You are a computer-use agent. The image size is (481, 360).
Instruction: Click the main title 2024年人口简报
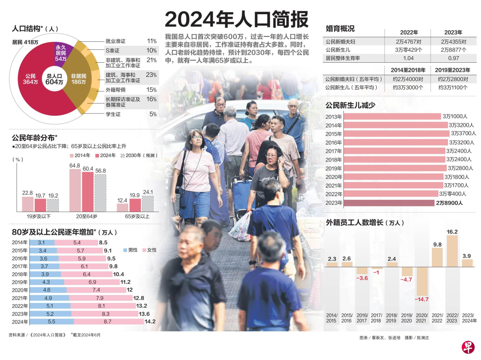[x=236, y=20]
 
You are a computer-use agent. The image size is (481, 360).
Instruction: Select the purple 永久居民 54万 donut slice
[x=61, y=53]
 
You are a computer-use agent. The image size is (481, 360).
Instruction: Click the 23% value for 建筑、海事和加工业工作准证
[x=151, y=74]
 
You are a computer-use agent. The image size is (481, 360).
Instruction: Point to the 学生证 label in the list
[x=113, y=114]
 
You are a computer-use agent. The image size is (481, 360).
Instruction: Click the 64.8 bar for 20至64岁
[x=75, y=190]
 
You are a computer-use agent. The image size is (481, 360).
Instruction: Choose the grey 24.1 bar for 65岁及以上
[x=147, y=203]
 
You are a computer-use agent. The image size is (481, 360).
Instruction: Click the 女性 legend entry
[x=149, y=250]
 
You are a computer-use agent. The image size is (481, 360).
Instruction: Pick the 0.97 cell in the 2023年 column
[x=453, y=58]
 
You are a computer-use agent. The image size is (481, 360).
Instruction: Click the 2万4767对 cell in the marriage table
[x=408, y=41]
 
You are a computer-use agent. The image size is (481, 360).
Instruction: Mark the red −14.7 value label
[x=421, y=299]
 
